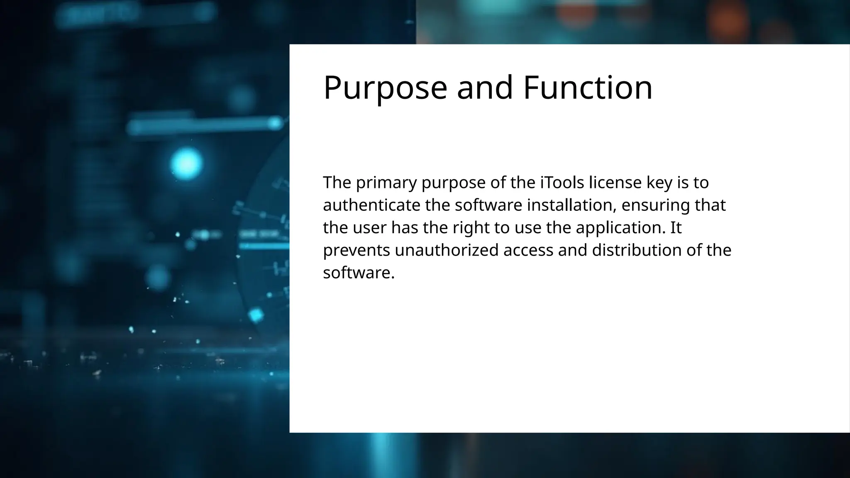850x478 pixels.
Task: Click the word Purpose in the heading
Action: (x=385, y=88)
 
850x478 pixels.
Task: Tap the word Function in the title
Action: (x=588, y=88)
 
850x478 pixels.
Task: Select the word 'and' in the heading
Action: (x=485, y=88)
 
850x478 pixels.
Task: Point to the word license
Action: (x=616, y=183)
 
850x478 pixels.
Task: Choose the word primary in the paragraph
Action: (x=386, y=183)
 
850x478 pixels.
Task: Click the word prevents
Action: (x=357, y=250)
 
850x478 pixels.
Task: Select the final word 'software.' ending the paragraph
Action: (x=359, y=273)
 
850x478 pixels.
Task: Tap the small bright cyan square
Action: (x=256, y=315)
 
